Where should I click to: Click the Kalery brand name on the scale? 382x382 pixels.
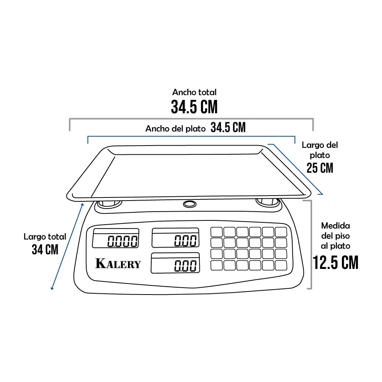[x=118, y=263]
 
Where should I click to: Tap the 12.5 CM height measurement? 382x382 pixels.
[x=335, y=262]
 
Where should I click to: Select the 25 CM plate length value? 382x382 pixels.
[x=320, y=168]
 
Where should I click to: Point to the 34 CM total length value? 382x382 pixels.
[x=45, y=249]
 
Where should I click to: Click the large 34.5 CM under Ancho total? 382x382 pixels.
[x=194, y=107]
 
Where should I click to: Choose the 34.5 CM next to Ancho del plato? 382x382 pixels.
[x=228, y=127]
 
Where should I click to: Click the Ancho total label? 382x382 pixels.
[x=194, y=92]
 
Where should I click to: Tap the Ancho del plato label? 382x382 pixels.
[x=175, y=128]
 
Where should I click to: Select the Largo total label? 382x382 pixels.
[x=45, y=236]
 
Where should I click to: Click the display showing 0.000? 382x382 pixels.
[x=115, y=238]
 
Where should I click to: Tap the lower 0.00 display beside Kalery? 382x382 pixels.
[x=175, y=263]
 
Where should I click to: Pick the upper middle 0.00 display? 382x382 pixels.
[x=175, y=238]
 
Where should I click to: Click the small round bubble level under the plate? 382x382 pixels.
[x=189, y=204]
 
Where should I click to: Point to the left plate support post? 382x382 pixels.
[x=109, y=204]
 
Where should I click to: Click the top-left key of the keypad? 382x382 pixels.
[x=216, y=232]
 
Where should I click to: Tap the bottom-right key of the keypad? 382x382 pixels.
[x=281, y=265]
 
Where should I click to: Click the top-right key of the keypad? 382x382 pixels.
[x=281, y=232]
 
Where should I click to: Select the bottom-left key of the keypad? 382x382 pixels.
[x=216, y=265]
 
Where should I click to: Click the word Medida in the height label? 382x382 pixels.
[x=335, y=226]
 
